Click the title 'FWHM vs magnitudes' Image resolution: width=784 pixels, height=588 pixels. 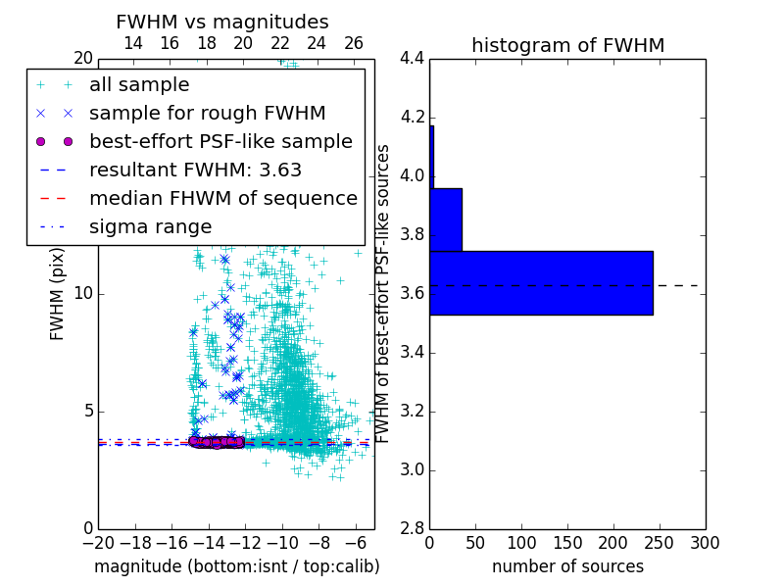[x=221, y=22]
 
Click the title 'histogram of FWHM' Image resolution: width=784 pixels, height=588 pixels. [x=567, y=45]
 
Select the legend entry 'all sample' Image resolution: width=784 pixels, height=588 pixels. [x=139, y=85]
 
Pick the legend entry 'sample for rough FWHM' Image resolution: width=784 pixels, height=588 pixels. [x=207, y=113]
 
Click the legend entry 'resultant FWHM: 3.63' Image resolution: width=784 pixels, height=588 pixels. [x=195, y=170]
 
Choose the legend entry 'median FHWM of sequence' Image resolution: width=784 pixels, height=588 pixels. [x=222, y=198]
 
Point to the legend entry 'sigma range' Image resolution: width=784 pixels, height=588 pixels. [x=150, y=226]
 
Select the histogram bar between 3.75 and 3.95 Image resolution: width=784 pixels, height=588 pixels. [x=446, y=220]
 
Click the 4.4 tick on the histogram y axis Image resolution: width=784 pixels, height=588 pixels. [x=412, y=59]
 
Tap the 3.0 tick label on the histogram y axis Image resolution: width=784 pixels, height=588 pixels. [x=412, y=470]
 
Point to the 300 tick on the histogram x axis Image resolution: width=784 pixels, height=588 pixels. [x=706, y=542]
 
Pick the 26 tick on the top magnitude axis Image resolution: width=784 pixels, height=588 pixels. [x=354, y=43]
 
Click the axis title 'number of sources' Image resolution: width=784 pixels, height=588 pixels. [x=567, y=566]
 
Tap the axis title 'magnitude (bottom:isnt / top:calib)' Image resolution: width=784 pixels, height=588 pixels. [x=236, y=566]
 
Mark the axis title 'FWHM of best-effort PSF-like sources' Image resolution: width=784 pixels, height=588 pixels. [x=384, y=294]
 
